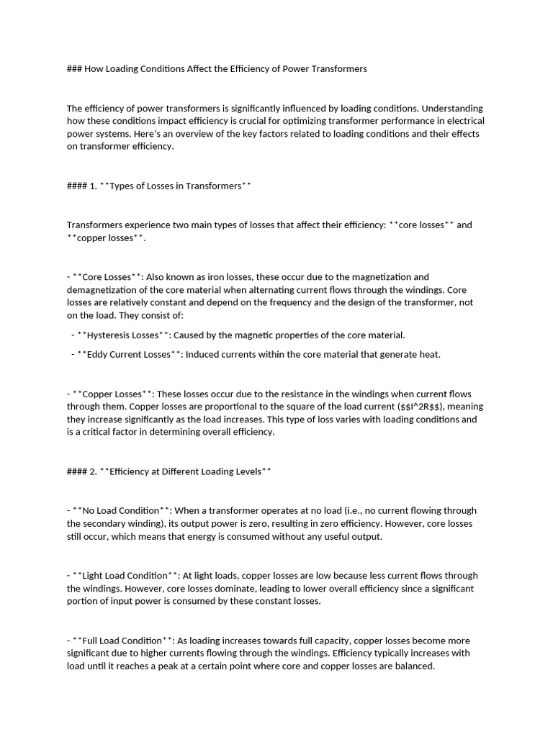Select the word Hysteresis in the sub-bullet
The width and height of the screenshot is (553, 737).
tap(109, 335)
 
